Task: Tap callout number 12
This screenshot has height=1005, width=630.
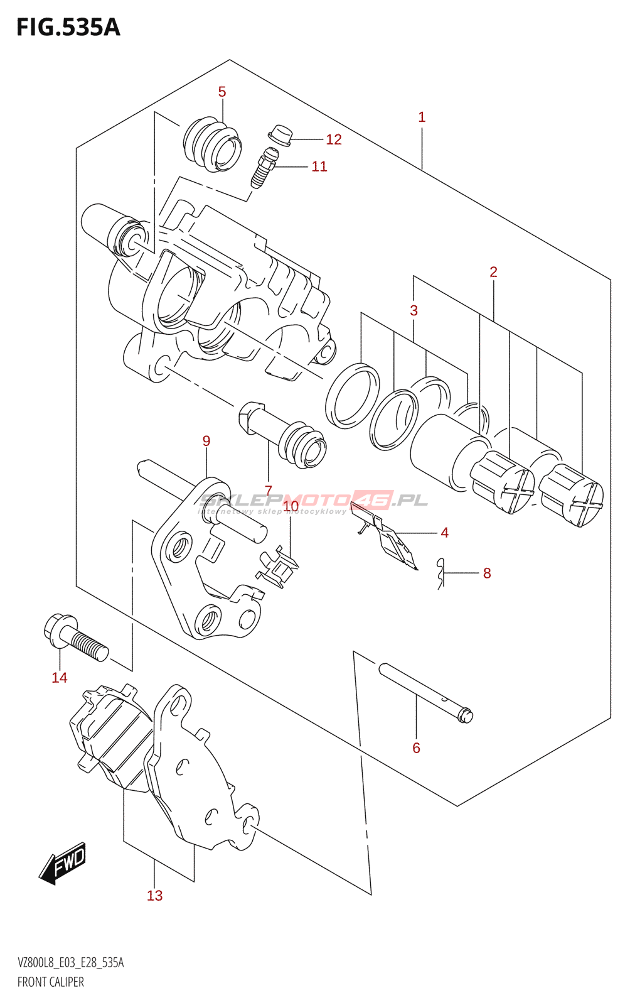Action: coord(334,139)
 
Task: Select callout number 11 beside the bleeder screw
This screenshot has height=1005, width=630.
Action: coord(319,166)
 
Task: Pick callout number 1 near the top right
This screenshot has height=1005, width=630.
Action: coord(422,117)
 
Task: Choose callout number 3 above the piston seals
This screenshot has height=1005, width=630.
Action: coord(414,310)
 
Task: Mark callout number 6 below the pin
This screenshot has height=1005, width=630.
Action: coord(416,747)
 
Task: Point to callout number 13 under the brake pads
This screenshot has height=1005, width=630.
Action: coord(154,896)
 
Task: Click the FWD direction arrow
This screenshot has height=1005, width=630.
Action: coord(63,864)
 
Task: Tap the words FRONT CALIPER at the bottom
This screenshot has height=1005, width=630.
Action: coord(51,982)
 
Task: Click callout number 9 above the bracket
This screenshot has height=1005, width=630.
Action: coord(206,441)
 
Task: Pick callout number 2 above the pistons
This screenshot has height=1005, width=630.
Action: coord(493,272)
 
